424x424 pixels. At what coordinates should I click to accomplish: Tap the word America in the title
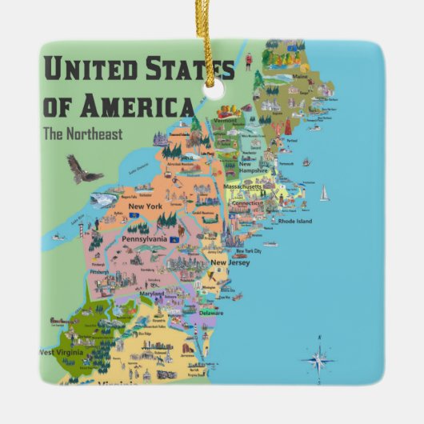142,106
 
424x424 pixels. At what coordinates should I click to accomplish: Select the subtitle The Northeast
83,134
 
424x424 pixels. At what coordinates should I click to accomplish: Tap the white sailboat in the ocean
324,193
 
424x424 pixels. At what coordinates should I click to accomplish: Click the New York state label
144,206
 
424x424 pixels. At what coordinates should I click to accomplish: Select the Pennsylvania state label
144,238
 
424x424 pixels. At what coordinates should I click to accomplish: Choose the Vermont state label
224,119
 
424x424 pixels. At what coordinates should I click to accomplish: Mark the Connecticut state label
247,203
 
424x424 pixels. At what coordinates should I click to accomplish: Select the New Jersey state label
230,262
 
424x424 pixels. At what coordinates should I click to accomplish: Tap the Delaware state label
211,313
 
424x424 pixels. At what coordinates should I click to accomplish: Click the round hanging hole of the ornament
213,89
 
